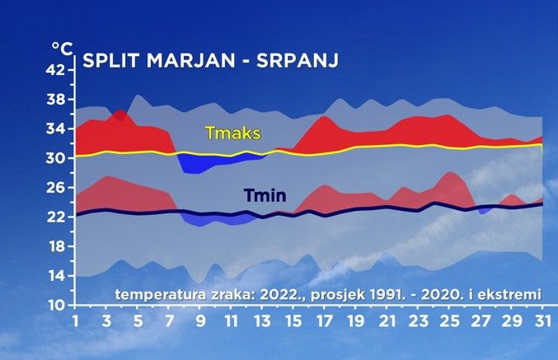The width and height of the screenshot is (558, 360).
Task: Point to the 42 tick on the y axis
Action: point(54,70)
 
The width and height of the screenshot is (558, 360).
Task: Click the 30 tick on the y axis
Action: point(54,158)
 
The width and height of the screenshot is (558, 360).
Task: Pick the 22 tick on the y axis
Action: point(54,217)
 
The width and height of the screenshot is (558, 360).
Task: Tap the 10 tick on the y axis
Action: point(54,305)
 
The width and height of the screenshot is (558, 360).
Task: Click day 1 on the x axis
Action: point(75,320)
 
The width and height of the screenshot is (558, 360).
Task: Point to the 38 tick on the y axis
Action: point(54,100)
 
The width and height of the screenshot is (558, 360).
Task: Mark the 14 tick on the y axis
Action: point(54,276)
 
